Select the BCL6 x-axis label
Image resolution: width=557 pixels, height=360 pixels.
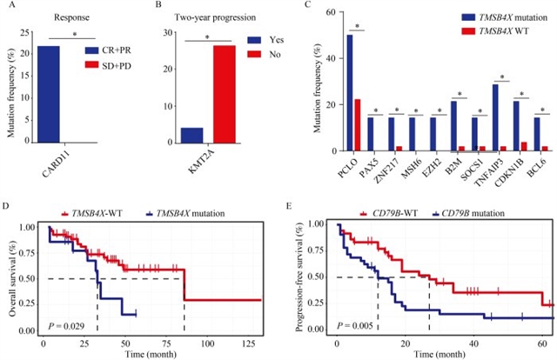click(x=539, y=163)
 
